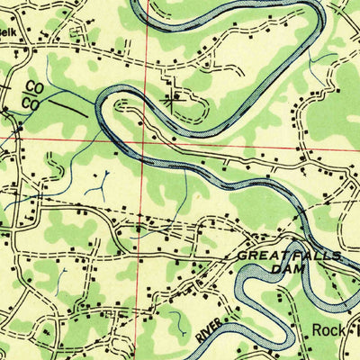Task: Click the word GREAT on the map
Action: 258,256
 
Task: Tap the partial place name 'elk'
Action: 8,29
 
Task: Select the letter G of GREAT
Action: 242,256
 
